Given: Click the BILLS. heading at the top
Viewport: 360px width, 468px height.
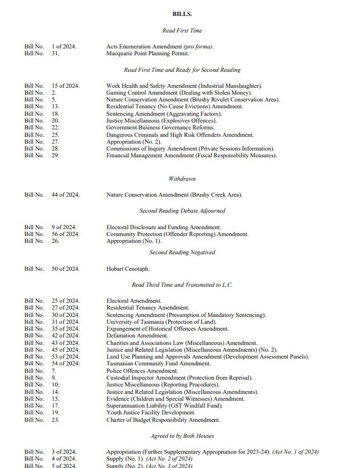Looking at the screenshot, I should tap(181, 14).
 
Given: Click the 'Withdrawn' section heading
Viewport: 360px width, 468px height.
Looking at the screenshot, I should tap(182, 178).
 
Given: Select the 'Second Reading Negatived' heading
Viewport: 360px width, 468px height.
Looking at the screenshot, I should tap(182, 252).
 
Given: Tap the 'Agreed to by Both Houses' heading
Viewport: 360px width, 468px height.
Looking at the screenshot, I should tap(182, 436).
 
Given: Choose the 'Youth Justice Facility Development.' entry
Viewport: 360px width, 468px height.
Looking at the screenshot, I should tap(151, 413).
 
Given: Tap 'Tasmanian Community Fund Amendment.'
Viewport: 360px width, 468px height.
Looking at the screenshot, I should tap(158, 364).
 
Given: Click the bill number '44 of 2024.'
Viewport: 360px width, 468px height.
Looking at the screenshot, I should tap(65, 195).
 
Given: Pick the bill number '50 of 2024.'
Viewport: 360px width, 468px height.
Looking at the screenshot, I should tap(65, 268).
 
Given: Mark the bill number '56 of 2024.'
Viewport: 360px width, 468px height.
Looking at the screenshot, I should tap(65, 234).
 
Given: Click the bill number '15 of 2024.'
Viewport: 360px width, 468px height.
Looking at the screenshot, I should tap(65, 86).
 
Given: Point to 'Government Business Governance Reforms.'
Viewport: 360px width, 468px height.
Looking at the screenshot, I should tap(152, 128).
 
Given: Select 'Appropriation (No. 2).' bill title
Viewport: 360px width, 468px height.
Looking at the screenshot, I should tap(131, 142).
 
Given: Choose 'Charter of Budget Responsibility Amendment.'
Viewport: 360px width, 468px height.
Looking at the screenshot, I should tap(163, 420).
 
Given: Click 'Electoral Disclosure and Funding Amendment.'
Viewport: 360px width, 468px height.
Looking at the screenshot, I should tap(163, 227).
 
